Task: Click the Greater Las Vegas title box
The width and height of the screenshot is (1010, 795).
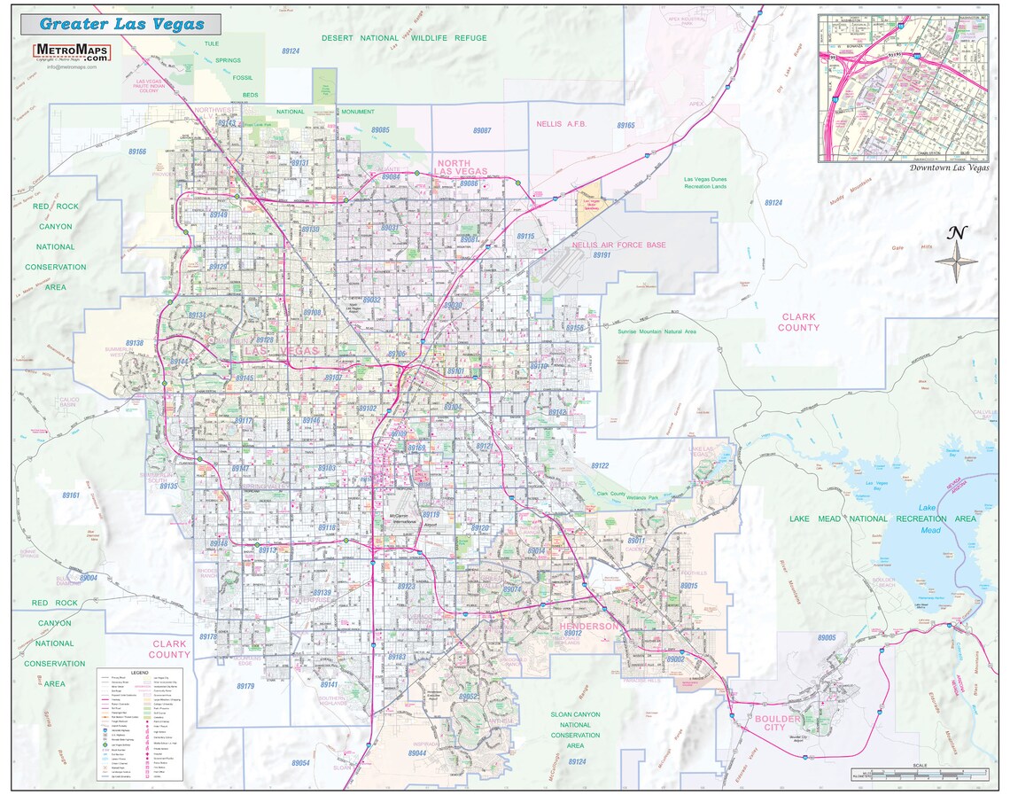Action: tap(120, 24)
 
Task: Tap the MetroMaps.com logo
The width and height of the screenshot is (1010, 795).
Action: tap(72, 51)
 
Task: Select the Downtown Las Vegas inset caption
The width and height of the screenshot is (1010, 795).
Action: tap(949, 167)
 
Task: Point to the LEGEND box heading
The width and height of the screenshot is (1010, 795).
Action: tap(139, 673)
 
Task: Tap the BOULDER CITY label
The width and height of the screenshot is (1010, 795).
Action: tap(769, 723)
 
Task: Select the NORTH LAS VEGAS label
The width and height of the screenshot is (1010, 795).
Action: tap(461, 168)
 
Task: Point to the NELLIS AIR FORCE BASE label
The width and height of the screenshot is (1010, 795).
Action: tap(618, 245)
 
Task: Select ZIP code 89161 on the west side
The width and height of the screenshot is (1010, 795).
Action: tap(71, 495)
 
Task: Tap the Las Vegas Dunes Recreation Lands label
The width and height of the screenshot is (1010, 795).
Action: tap(705, 183)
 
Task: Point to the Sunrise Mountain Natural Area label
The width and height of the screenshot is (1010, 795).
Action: tap(656, 331)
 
